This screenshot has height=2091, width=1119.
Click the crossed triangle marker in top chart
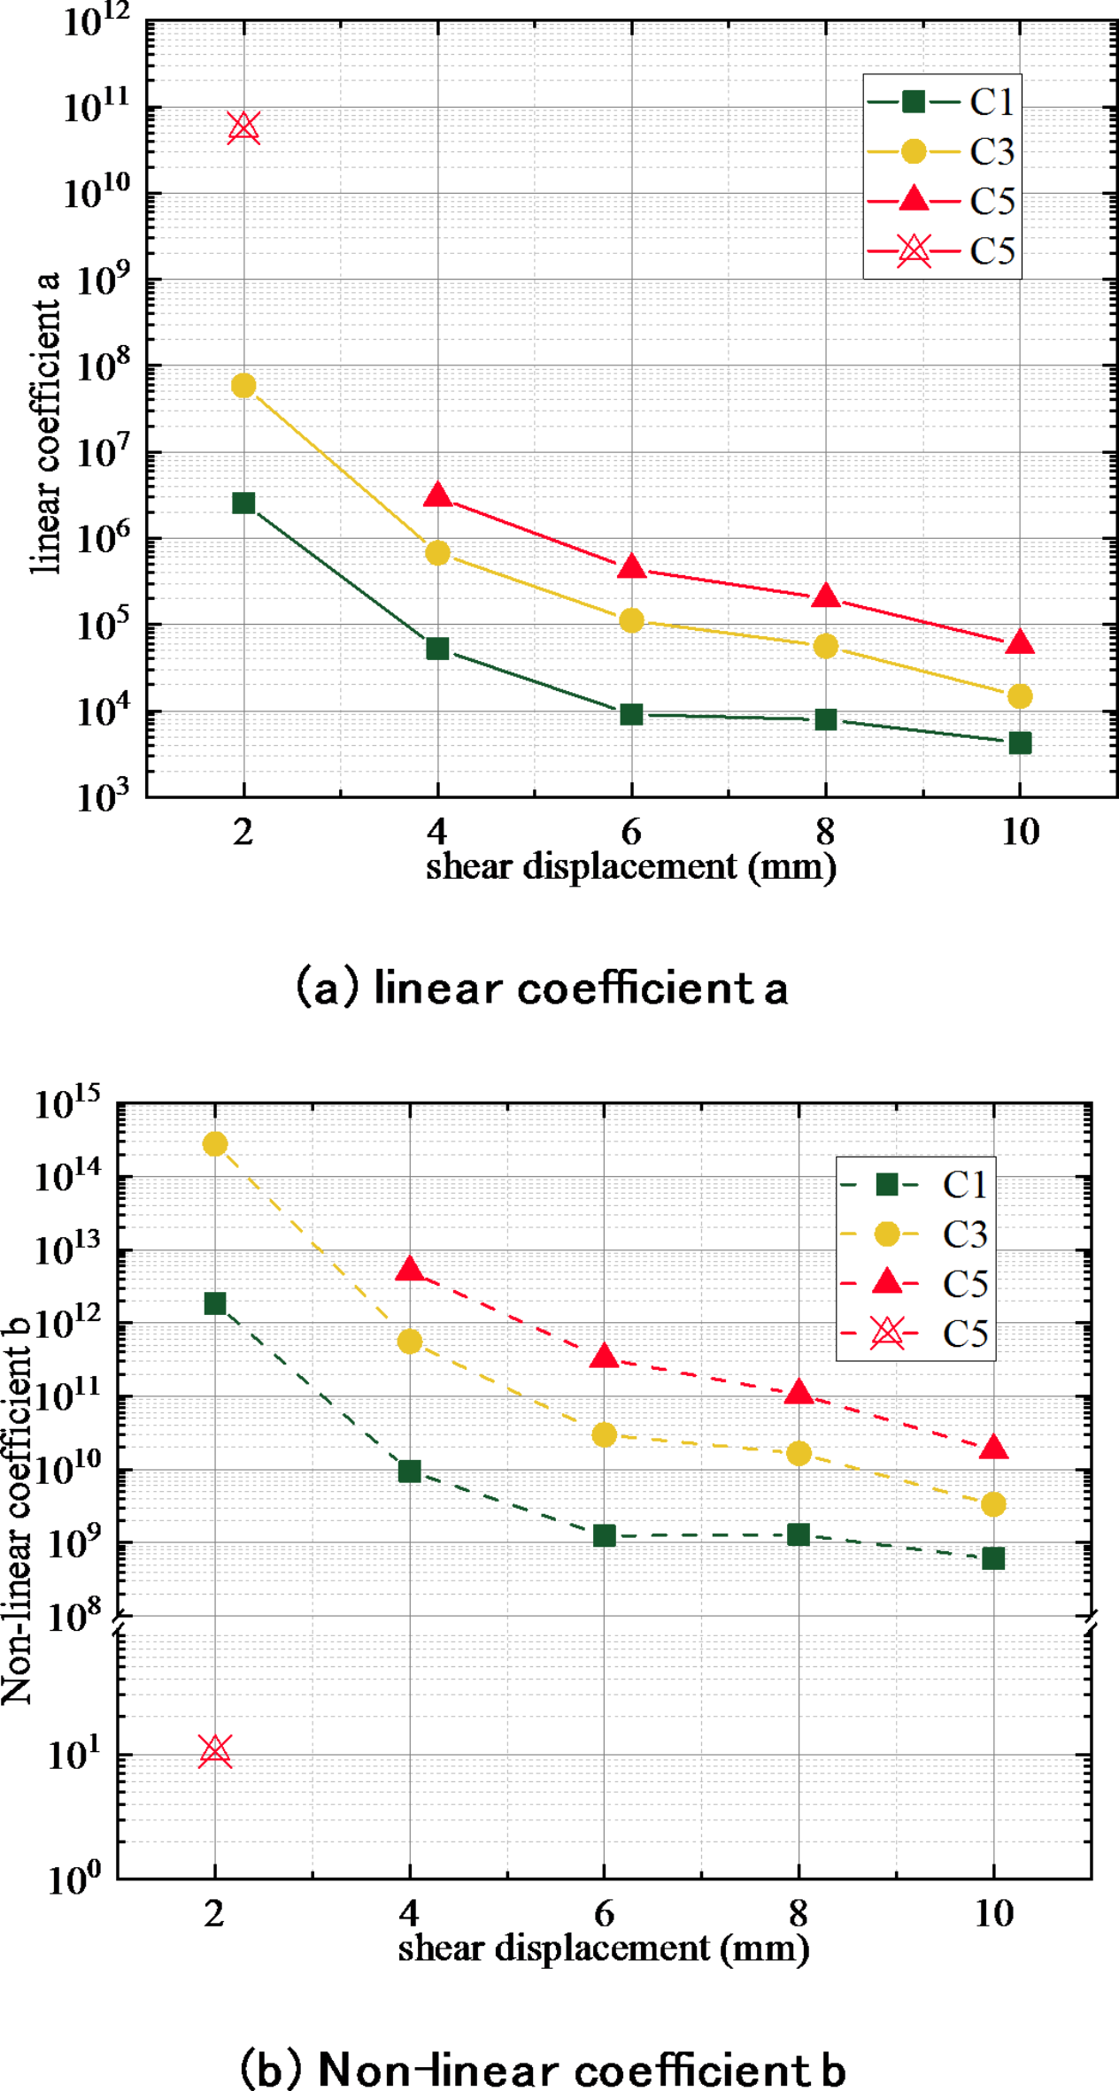(x=243, y=127)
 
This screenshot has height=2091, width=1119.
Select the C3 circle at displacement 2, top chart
(x=243, y=386)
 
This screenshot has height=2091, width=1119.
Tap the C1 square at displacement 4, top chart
(x=437, y=649)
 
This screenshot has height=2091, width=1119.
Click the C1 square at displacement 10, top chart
(x=1020, y=742)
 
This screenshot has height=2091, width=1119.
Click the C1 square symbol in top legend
(x=913, y=102)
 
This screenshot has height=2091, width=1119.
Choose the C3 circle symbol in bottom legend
(x=886, y=1234)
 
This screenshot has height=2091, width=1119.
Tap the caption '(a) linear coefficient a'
(x=541, y=988)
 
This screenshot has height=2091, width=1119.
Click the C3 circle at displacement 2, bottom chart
(x=215, y=1144)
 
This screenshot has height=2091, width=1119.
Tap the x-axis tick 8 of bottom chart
(x=798, y=1914)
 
